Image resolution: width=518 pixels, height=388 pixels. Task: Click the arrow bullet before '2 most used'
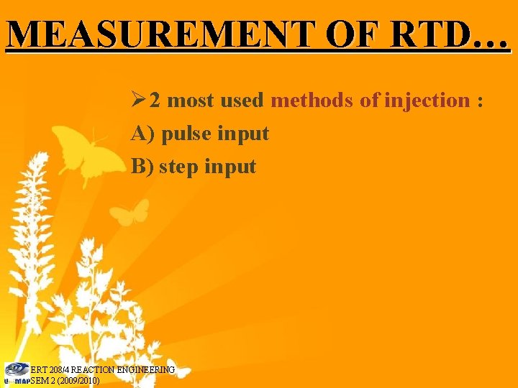pyautogui.click(x=139, y=101)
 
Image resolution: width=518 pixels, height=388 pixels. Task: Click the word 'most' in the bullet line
pyautogui.click(x=190, y=101)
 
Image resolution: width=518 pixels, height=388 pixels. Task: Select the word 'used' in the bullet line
pyautogui.click(x=242, y=101)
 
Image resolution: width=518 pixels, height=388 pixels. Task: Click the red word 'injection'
pyautogui.click(x=427, y=101)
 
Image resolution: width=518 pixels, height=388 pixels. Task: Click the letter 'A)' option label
pyautogui.click(x=143, y=134)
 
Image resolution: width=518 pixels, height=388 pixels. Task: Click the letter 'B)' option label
pyautogui.click(x=142, y=167)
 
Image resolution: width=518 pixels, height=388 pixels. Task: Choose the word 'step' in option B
pyautogui.click(x=179, y=167)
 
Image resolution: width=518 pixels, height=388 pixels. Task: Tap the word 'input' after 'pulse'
pyautogui.click(x=243, y=134)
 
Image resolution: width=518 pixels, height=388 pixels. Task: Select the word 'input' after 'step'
pyautogui.click(x=230, y=167)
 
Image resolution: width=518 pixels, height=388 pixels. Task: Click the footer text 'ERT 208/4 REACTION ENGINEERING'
pyautogui.click(x=103, y=369)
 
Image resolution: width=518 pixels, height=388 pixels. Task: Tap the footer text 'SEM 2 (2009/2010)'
pyautogui.click(x=65, y=380)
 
